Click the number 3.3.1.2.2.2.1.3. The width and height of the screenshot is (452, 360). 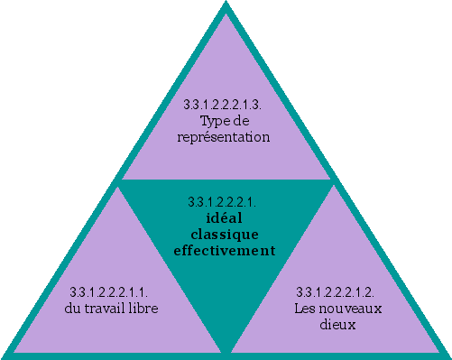click(x=223, y=105)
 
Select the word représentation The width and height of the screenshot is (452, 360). click(x=223, y=138)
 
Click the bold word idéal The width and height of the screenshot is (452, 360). click(x=224, y=217)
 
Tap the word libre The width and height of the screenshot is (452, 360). click(x=143, y=309)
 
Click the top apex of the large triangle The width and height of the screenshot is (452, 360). click(x=226, y=5)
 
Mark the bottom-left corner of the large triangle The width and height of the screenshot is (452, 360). click(x=5, y=353)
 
